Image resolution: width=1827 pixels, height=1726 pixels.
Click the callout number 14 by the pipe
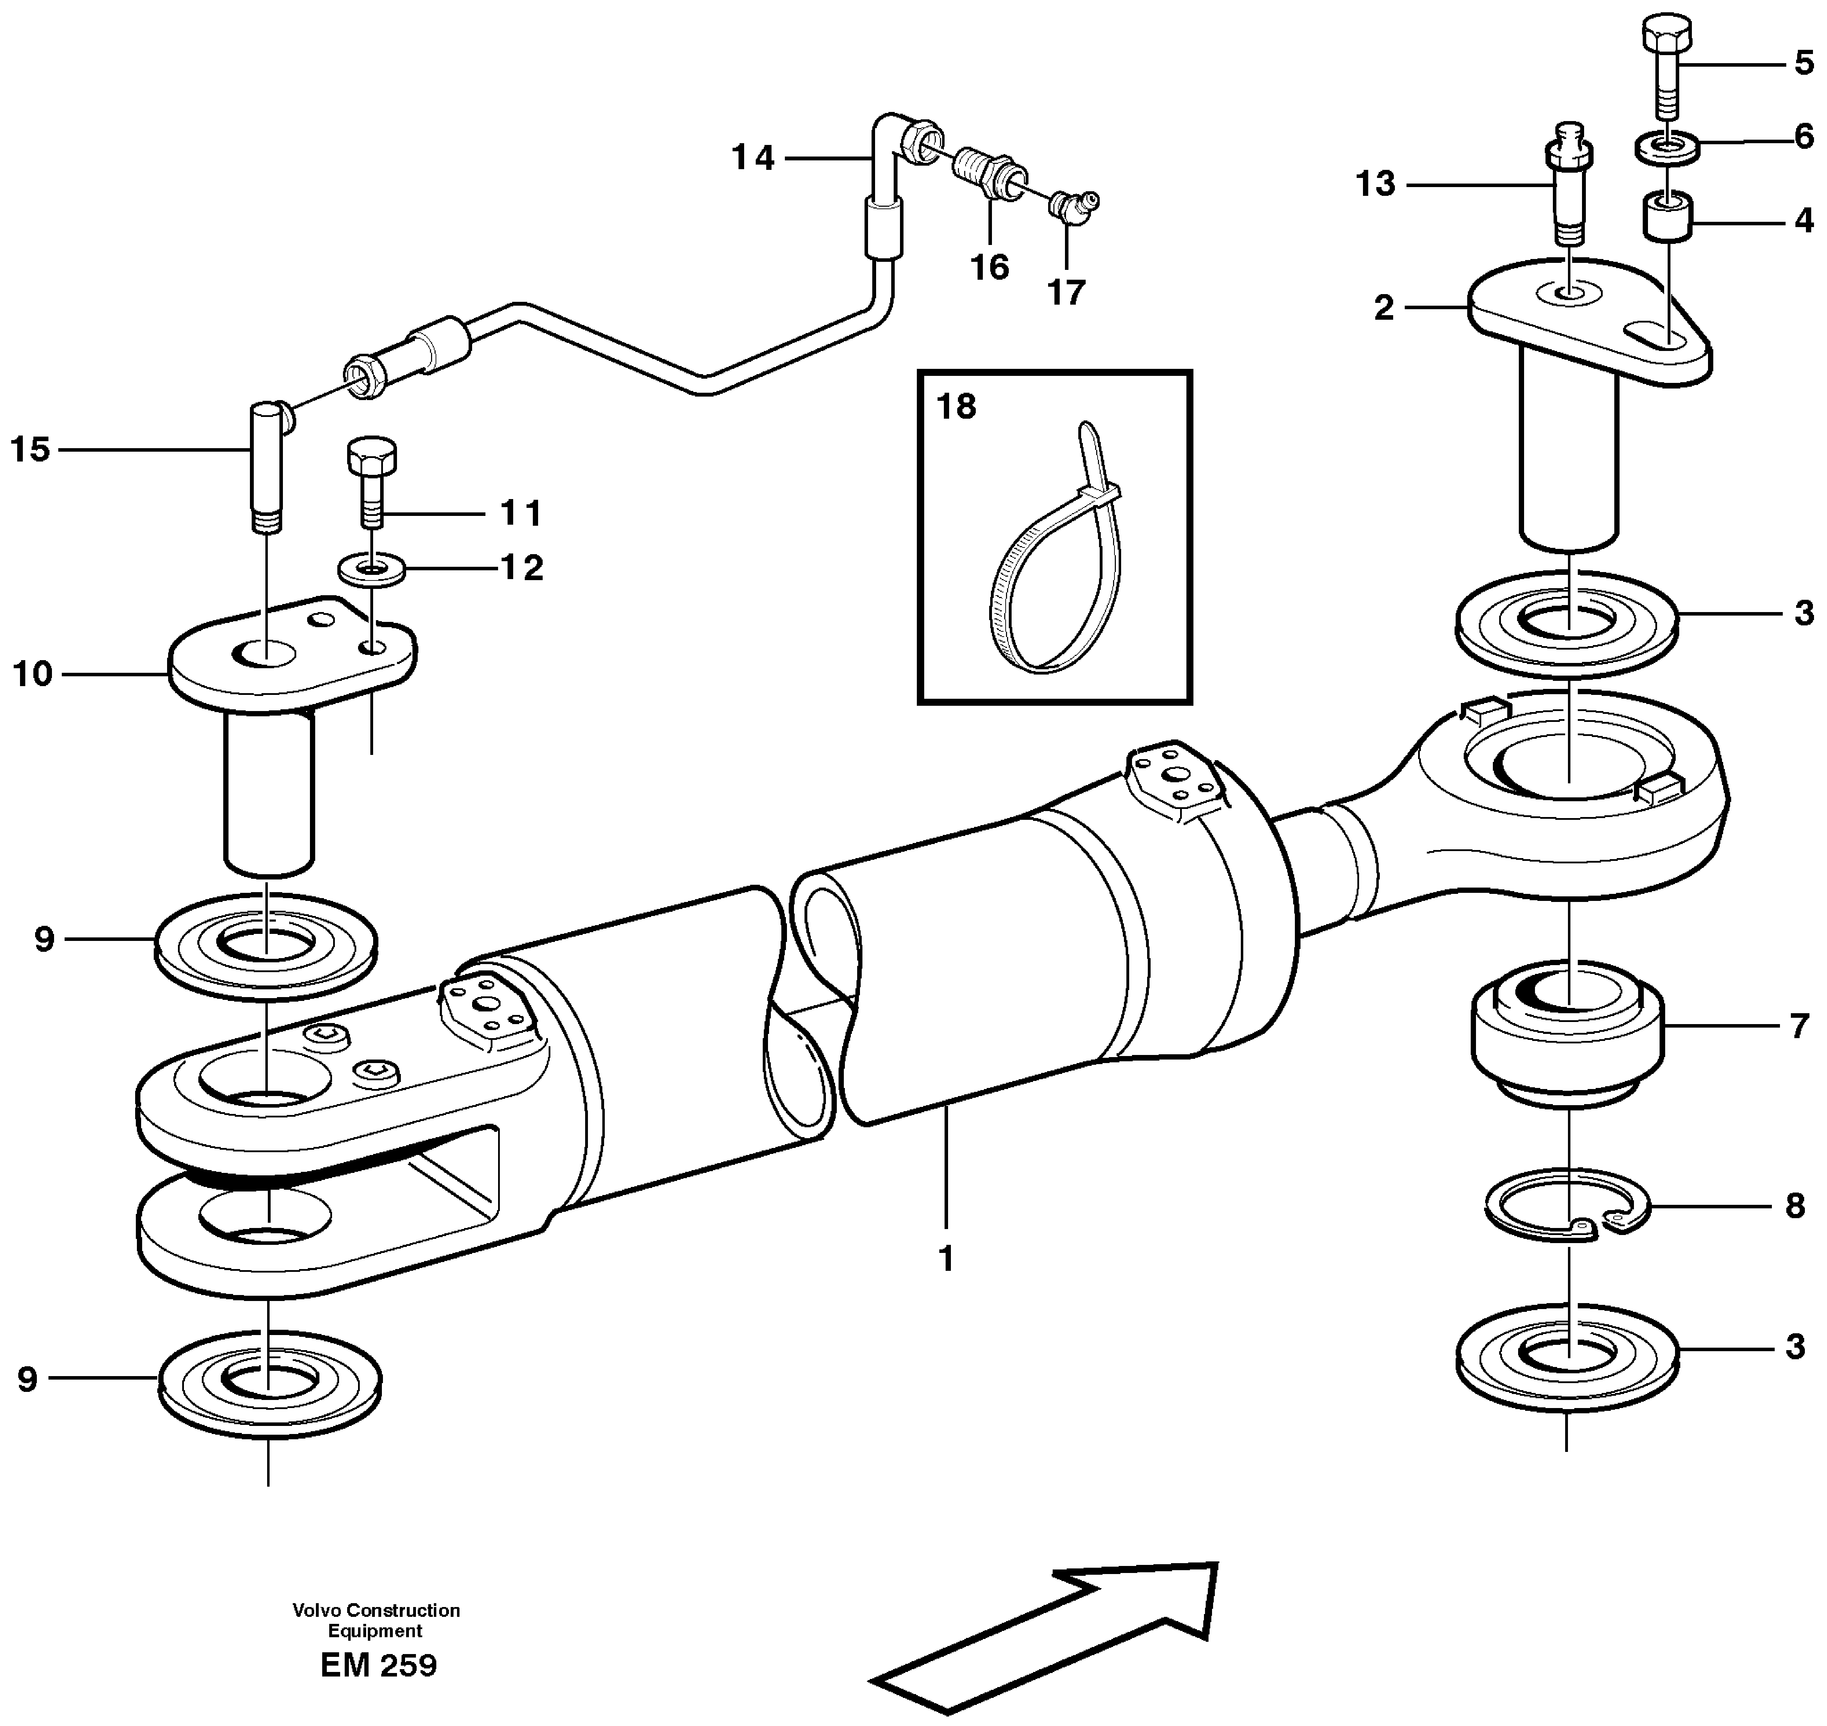(753, 158)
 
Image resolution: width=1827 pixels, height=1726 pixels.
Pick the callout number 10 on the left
(32, 675)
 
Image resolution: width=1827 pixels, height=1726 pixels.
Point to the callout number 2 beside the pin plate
(1384, 308)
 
